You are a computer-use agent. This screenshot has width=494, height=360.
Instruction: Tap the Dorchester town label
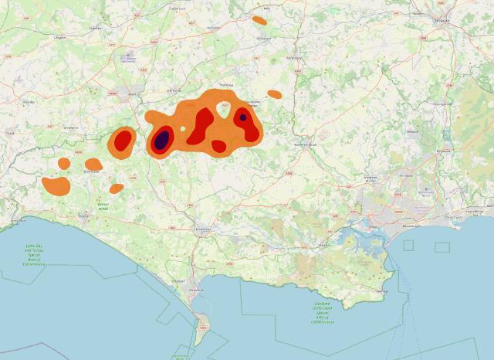[203, 229]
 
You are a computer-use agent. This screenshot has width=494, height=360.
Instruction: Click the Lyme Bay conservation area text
[34, 254]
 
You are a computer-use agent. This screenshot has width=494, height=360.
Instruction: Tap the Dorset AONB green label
[103, 206]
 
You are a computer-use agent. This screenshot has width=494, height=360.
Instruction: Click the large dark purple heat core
[161, 140]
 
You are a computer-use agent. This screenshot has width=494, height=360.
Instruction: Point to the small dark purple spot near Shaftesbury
[242, 117]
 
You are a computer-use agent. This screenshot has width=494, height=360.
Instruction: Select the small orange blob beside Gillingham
[259, 20]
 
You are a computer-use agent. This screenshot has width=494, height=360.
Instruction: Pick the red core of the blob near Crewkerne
[122, 141]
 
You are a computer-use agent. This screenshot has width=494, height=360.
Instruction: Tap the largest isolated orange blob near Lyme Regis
[56, 186]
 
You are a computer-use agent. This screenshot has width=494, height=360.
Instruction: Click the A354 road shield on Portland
[203, 329]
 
